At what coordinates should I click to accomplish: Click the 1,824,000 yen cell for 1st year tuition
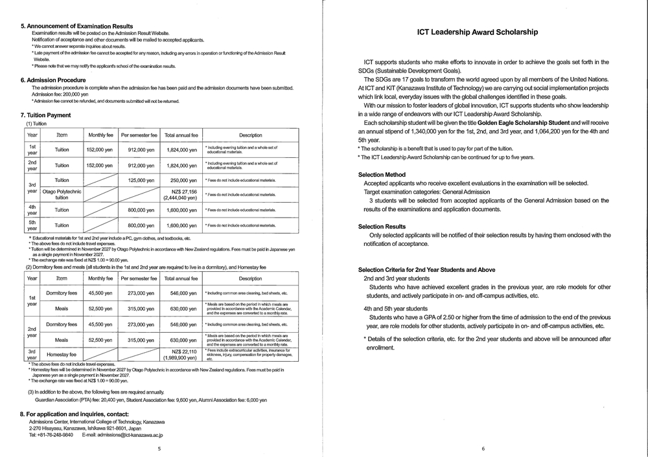[x=181, y=150]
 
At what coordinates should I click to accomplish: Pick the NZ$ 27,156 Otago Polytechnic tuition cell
[x=181, y=194]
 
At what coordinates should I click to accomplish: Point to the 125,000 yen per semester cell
[x=139, y=180]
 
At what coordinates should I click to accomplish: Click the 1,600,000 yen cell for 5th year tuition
[x=181, y=225]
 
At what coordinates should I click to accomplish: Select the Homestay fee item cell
[x=62, y=354]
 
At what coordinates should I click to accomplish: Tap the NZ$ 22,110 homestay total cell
[x=181, y=354]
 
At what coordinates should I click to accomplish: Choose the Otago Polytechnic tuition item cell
[x=62, y=194]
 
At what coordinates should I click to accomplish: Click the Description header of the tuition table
[x=250, y=135]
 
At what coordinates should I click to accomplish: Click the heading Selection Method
[x=382, y=175]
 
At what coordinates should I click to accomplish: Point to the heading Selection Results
[x=382, y=227]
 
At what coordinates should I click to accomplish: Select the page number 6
[x=483, y=449]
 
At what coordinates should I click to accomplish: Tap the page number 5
[x=159, y=449]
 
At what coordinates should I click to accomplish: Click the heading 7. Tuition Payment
[x=46, y=115]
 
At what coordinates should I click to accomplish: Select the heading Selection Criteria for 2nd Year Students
[x=426, y=269]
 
